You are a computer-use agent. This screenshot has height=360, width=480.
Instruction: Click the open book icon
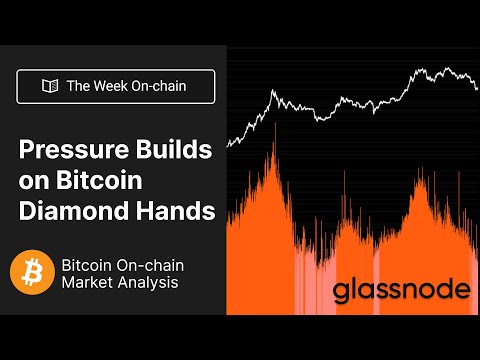pyautogui.click(x=48, y=86)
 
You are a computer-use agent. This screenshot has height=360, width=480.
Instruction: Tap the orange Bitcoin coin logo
pyautogui.click(x=32, y=273)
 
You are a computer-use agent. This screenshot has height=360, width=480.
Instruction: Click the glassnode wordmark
pyautogui.click(x=401, y=291)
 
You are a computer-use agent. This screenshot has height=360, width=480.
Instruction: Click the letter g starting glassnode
pyautogui.click(x=343, y=294)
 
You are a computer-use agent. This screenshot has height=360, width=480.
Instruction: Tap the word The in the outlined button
pyautogui.click(x=79, y=86)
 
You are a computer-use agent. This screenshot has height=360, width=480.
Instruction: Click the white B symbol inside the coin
pyautogui.click(x=32, y=273)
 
